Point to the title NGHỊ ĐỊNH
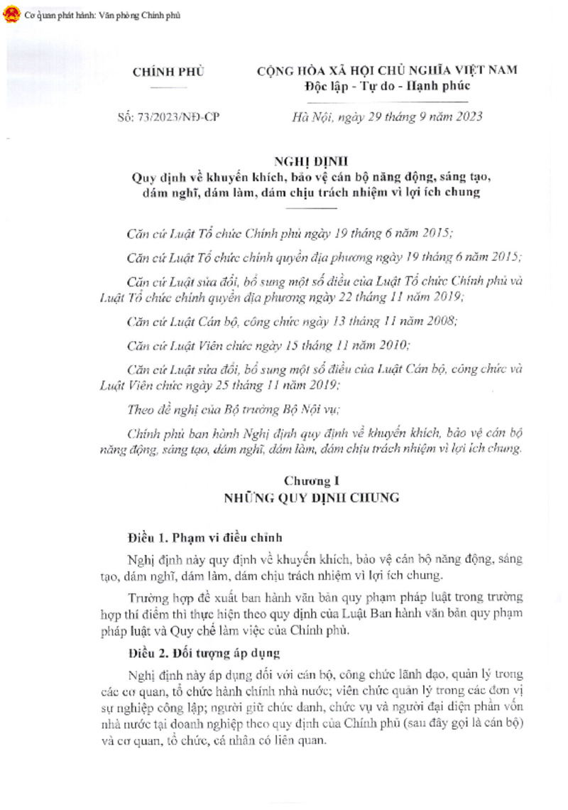pos(312,163)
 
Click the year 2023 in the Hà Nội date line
pos(466,117)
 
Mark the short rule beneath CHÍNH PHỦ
pos(169,86)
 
